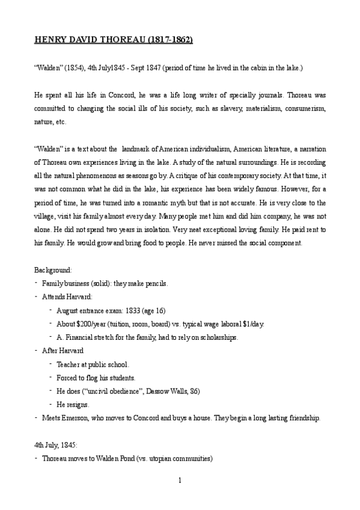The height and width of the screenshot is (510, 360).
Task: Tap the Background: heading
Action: (x=53, y=271)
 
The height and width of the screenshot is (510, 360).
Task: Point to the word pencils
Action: (x=156, y=284)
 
